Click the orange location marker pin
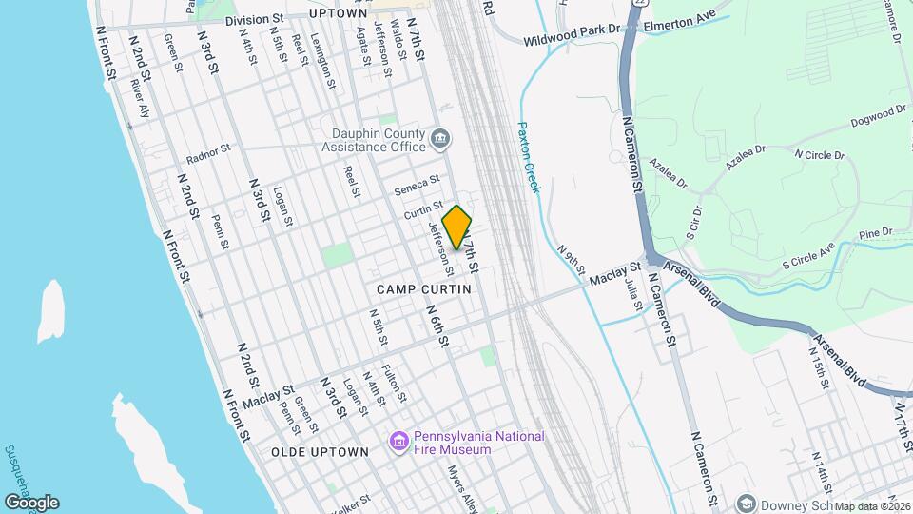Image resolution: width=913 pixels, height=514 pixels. (457, 227)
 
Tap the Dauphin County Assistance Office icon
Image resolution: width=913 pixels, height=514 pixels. (441, 140)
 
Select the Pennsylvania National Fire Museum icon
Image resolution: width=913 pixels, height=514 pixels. (399, 442)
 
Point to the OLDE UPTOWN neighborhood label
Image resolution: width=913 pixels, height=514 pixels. (320, 451)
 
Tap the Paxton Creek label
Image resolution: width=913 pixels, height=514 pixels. (528, 157)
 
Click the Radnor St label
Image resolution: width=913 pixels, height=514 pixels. (209, 153)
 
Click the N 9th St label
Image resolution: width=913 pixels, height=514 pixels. (570, 257)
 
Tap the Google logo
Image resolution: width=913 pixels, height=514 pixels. (31, 502)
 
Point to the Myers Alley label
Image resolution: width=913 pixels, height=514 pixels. (464, 486)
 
